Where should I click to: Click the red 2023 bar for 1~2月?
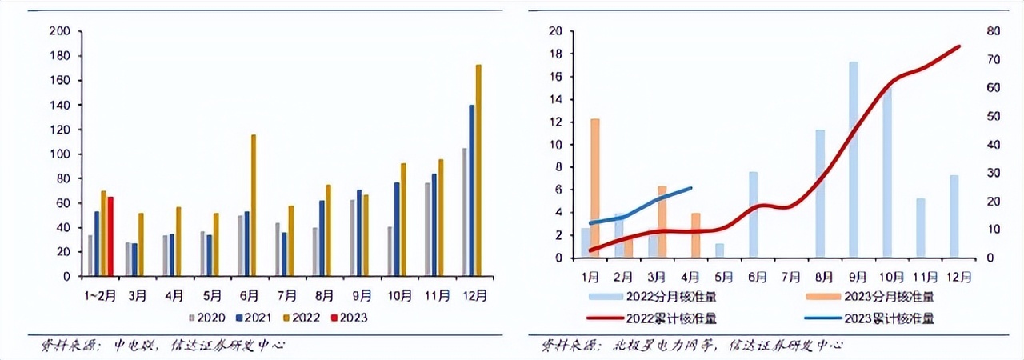tap(110, 236)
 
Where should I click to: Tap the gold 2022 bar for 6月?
tap(254, 205)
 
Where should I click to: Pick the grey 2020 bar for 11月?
tap(428, 229)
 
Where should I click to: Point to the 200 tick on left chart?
tap(60, 31)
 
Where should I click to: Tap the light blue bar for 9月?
tap(854, 160)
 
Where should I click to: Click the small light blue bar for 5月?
tap(719, 250)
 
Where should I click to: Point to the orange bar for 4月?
tap(695, 235)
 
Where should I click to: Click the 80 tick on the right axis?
tap(993, 31)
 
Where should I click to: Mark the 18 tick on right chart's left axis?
tap(556, 54)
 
